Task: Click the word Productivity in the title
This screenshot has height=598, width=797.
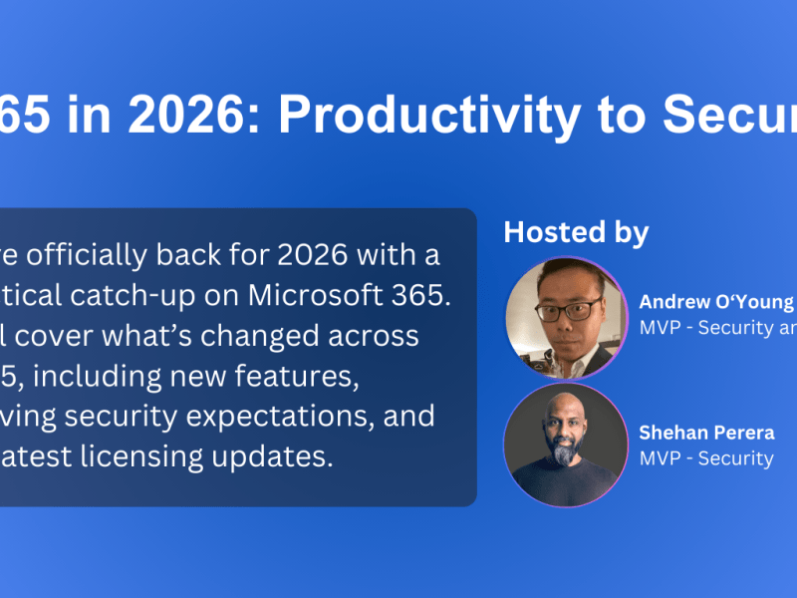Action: (x=429, y=116)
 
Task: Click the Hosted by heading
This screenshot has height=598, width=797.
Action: (x=576, y=232)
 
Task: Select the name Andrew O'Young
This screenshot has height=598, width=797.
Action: (x=716, y=302)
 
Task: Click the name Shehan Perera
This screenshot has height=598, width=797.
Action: (x=705, y=434)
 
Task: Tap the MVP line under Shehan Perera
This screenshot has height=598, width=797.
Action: (x=705, y=458)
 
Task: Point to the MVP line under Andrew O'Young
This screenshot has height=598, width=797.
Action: (x=716, y=328)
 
